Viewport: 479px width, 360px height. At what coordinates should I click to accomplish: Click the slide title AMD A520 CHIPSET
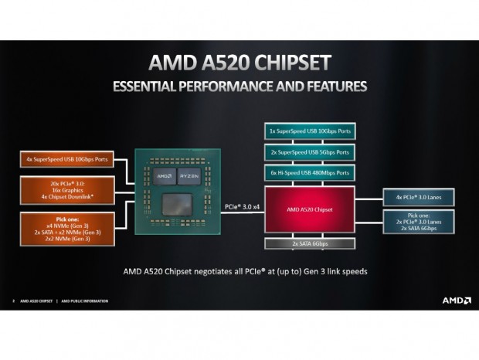239,62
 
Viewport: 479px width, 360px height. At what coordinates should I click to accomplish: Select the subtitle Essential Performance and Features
239,86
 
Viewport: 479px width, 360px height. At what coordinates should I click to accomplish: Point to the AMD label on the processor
165,175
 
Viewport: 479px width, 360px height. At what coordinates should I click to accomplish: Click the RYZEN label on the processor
189,175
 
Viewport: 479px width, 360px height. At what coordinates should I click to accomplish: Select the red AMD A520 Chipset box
309,209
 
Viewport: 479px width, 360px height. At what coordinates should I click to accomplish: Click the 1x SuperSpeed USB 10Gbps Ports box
309,131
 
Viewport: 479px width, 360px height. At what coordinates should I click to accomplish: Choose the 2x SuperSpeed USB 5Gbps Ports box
309,152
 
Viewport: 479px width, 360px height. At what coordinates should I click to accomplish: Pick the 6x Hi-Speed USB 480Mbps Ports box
309,172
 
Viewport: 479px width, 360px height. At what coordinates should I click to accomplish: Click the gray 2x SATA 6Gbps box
309,243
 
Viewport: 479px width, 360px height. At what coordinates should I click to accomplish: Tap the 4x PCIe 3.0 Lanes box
418,197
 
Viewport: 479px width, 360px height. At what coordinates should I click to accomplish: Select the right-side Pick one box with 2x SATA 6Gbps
418,222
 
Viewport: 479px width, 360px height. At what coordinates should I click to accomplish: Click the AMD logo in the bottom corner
456,300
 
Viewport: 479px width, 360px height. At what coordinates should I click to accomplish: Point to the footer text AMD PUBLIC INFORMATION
86,301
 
